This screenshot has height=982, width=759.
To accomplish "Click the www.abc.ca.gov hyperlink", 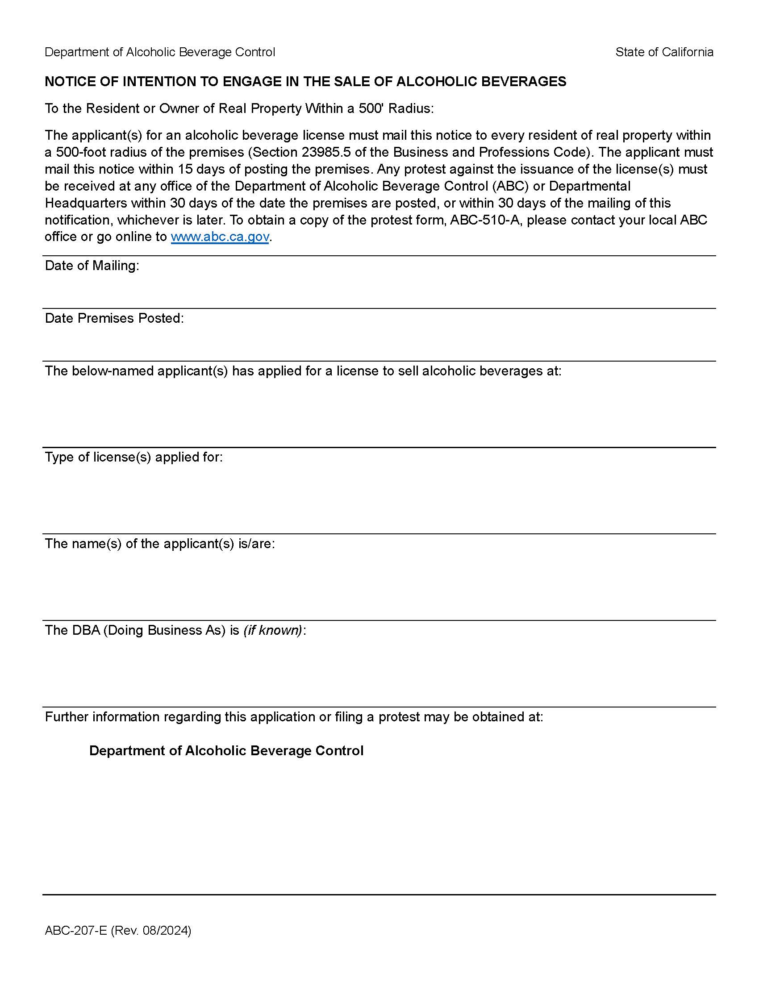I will (220, 237).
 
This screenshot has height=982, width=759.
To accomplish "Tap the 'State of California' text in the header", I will (664, 52).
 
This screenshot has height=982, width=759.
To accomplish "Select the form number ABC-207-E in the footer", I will (75, 930).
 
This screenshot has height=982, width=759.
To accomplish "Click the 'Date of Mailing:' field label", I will (92, 266).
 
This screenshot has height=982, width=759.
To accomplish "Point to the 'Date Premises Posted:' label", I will (114, 318).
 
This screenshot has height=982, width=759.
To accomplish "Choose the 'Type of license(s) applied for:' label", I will (133, 457).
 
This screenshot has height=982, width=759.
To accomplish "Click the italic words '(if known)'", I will (272, 630).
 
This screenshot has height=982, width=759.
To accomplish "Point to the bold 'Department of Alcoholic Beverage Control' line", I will (226, 751).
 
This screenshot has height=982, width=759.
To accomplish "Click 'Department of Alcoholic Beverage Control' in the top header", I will (160, 52).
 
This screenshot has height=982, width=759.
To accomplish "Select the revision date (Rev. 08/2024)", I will (151, 930).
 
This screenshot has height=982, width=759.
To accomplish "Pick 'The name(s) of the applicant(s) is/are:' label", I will (160, 544).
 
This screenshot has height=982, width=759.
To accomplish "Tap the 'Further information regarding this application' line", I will (294, 717).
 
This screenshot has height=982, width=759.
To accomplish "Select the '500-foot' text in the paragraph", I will (82, 152).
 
